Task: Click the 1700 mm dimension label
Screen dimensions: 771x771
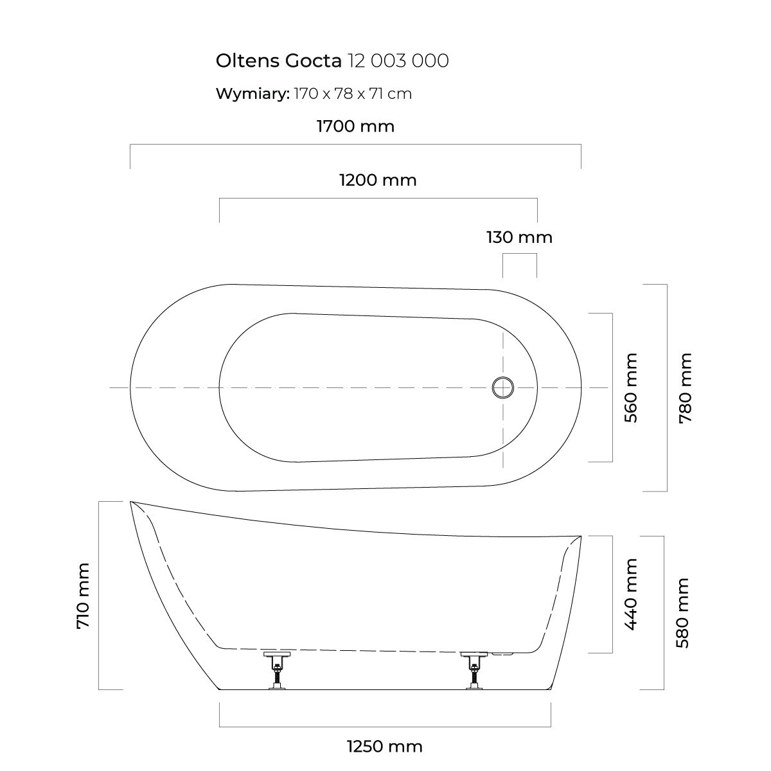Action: (355, 126)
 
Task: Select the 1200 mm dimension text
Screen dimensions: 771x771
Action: (378, 181)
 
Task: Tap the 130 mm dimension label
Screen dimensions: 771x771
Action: (519, 238)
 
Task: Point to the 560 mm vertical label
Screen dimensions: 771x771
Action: (631, 387)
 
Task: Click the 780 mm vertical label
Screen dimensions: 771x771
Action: (686, 387)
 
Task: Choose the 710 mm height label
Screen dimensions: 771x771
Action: (84, 596)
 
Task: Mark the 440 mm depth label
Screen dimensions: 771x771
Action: (631, 594)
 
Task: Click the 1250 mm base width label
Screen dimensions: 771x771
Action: (384, 747)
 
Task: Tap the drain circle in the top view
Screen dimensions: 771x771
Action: (503, 387)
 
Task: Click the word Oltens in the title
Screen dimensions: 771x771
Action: (245, 61)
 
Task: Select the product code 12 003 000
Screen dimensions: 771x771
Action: (397, 61)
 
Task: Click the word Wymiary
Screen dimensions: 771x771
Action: (253, 94)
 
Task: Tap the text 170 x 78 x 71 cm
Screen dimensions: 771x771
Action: (353, 94)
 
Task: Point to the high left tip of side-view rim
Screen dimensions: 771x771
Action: (131, 502)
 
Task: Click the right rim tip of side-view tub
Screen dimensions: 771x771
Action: (580, 536)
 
